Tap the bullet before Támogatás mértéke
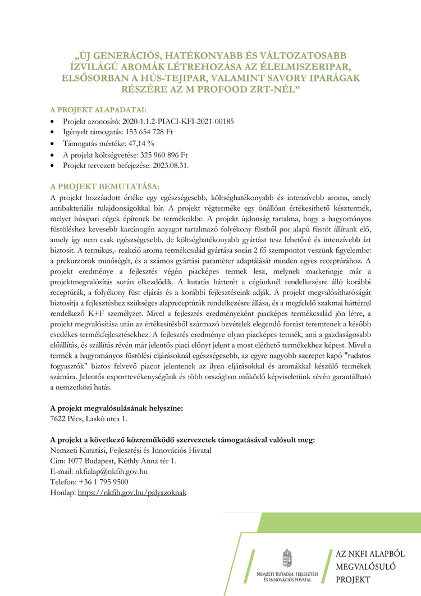(53, 144)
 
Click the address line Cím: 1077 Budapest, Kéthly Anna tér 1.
(113, 461)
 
